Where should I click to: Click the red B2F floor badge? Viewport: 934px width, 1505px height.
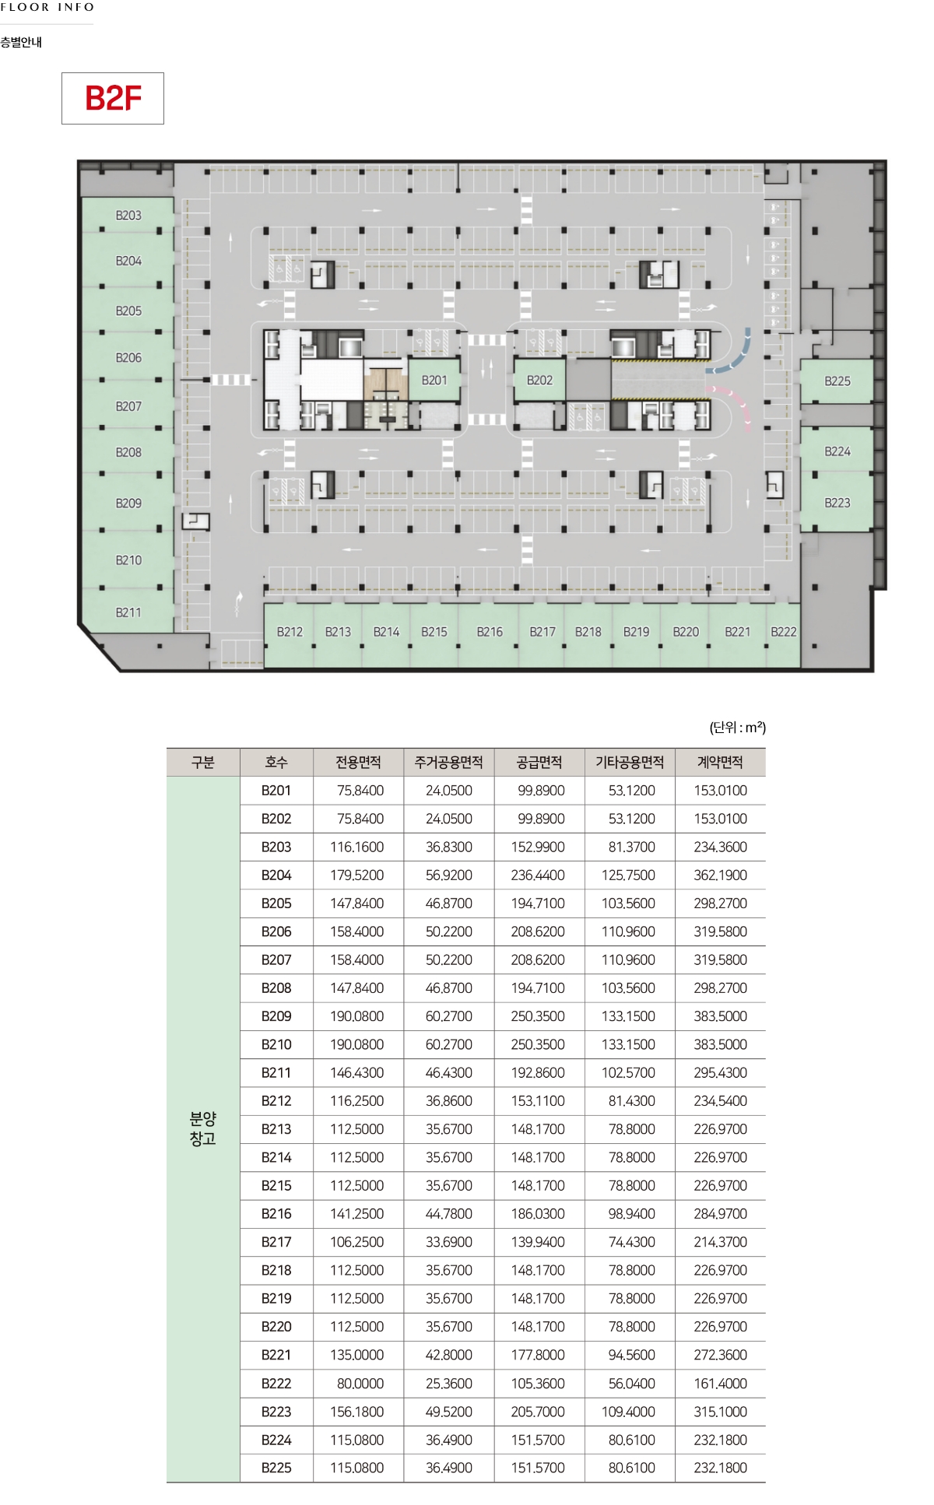[x=113, y=98]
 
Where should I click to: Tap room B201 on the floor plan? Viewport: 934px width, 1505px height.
[x=434, y=380]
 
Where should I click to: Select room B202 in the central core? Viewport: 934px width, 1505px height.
[x=539, y=380]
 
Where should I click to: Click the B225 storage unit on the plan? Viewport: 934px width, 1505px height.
[x=837, y=381]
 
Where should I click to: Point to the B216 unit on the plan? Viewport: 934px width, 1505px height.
[x=490, y=632]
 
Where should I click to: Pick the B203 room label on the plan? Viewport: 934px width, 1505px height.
[x=128, y=215]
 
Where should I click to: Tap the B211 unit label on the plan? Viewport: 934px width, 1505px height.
[x=128, y=612]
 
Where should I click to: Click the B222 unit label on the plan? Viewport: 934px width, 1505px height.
[x=784, y=632]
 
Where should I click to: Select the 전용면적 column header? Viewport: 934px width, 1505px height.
[x=358, y=762]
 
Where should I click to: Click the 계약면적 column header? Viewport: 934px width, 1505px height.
[x=720, y=762]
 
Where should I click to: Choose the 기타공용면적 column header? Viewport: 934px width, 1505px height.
[x=630, y=762]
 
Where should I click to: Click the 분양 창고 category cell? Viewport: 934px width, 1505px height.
[x=203, y=1128]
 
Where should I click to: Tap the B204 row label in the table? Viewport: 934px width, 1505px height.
[x=276, y=875]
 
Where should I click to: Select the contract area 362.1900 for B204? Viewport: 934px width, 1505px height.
[x=721, y=875]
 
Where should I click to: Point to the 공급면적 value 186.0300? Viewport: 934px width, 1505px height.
[x=538, y=1213]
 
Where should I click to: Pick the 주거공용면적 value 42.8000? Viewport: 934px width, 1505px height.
[x=449, y=1354]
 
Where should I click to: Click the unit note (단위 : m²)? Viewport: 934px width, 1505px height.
[x=737, y=728]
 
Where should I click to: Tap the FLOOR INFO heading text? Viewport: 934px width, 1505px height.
[x=47, y=7]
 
